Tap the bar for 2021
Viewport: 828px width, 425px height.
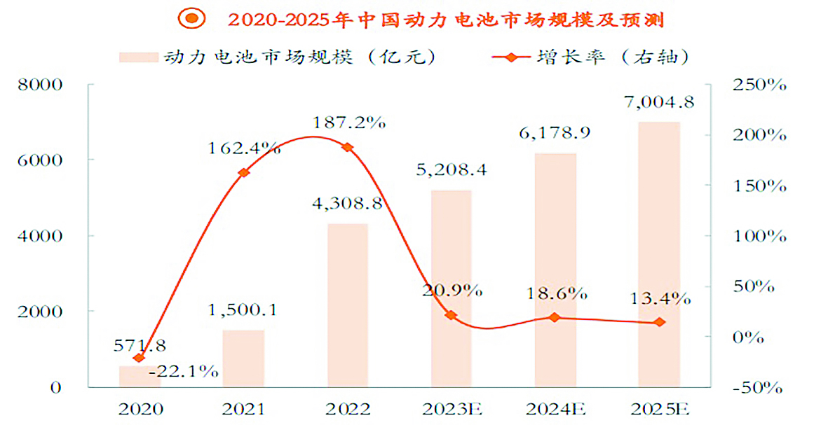(243, 358)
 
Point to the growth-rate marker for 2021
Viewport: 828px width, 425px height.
(244, 172)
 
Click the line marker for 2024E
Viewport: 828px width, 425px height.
(555, 317)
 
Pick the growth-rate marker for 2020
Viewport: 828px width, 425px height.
(139, 358)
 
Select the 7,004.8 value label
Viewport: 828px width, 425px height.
(659, 103)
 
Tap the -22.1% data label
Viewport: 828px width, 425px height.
(184, 371)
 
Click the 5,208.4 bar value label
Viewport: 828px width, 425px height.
(451, 169)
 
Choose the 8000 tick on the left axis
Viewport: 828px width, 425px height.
(43, 85)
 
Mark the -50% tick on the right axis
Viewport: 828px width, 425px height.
(756, 387)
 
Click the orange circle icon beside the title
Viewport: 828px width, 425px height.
(190, 19)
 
